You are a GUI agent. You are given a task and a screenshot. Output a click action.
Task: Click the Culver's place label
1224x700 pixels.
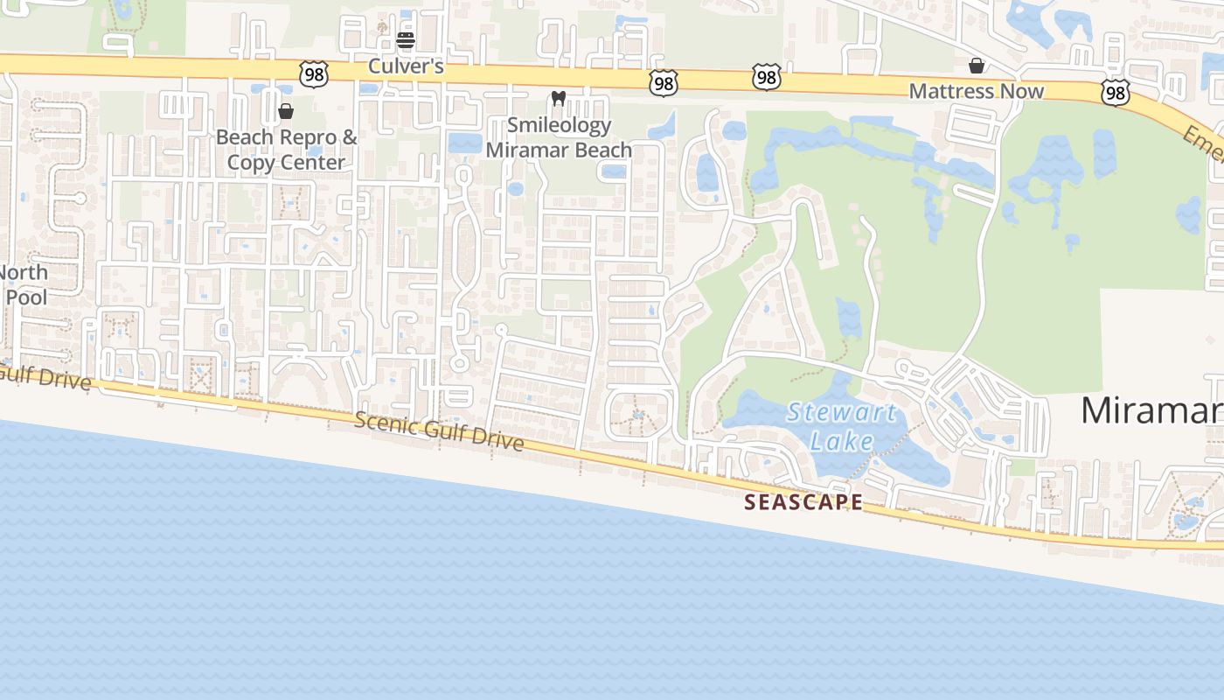[x=405, y=66]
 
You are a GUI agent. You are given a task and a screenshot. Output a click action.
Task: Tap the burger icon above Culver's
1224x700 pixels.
[x=405, y=40]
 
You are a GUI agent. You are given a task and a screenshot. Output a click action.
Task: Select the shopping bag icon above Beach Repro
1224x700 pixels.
[x=285, y=112]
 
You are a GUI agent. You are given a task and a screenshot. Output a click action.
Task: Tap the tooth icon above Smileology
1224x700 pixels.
[x=559, y=100]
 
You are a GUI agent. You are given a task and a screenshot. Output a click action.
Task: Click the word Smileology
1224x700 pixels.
[x=559, y=125]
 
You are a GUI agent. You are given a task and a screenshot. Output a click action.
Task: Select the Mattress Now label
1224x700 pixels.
[x=976, y=91]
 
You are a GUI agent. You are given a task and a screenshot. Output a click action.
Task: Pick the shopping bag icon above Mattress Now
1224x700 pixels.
[x=976, y=66]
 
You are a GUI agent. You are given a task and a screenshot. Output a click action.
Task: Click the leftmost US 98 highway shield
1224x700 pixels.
[x=313, y=73]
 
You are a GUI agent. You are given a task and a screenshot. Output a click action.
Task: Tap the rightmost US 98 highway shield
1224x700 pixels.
[x=1116, y=93]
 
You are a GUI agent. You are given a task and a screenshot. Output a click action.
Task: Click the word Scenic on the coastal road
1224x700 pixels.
[x=385, y=423]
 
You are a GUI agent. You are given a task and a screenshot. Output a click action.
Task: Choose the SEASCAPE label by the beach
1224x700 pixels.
[x=803, y=502]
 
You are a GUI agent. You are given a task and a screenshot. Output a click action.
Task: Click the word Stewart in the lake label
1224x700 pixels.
[x=841, y=412]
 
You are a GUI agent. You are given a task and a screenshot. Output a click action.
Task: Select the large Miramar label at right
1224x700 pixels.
[x=1151, y=410]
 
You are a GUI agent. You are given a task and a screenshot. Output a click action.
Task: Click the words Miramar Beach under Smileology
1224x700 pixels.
[x=559, y=150]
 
